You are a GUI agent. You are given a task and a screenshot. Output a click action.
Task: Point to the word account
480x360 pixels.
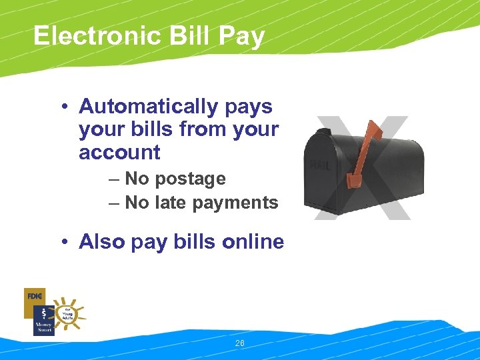click(x=119, y=153)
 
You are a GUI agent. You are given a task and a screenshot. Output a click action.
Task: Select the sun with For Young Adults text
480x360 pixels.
click(x=67, y=313)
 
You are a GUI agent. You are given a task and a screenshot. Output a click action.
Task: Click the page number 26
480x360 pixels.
click(x=240, y=343)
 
